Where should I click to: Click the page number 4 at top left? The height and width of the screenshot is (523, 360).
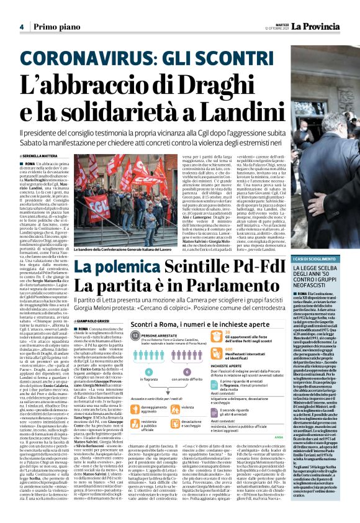[x=21, y=27]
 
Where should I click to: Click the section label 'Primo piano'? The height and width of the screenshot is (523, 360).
[x=51, y=27]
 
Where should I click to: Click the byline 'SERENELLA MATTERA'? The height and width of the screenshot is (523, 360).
[x=44, y=155]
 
